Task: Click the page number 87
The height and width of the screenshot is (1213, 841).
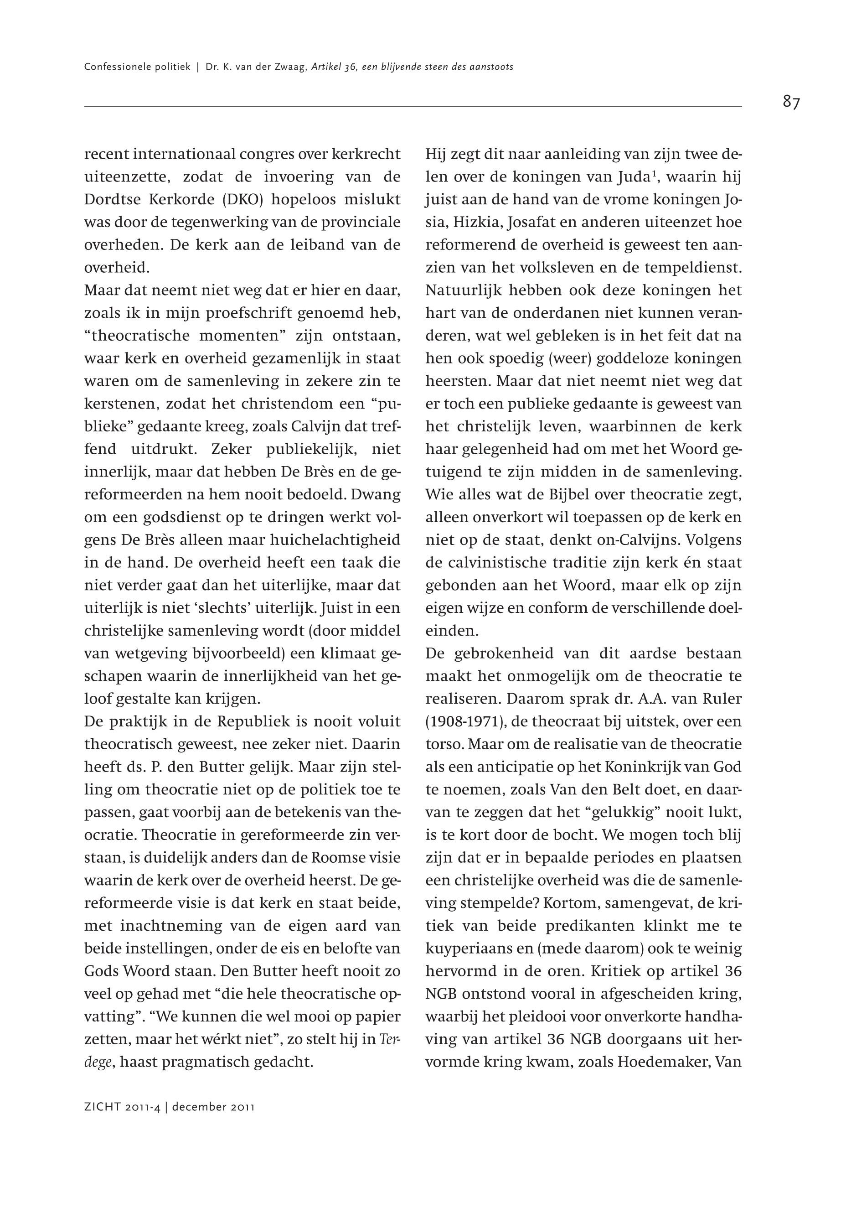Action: tap(791, 102)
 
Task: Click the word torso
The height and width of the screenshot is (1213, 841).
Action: tap(443, 744)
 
